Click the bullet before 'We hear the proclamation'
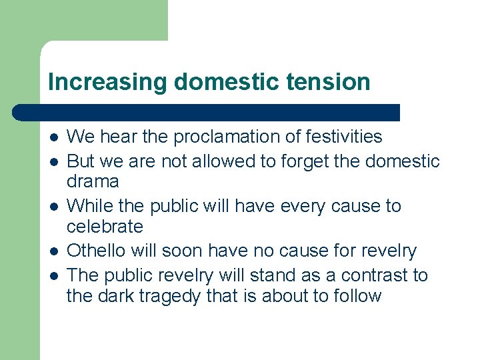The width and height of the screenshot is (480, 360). pyautogui.click(x=53, y=137)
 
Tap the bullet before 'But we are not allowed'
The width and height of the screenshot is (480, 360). pyautogui.click(x=53, y=162)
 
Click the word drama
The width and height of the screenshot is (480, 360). pyautogui.click(x=93, y=181)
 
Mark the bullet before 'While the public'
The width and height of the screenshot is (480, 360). pyautogui.click(x=53, y=207)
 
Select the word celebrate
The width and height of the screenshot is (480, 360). pyautogui.click(x=105, y=227)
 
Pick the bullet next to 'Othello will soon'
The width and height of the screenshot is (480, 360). pyautogui.click(x=53, y=252)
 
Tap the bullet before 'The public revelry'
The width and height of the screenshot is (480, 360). pyautogui.click(x=53, y=276)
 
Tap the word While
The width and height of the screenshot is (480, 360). pyautogui.click(x=87, y=206)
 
